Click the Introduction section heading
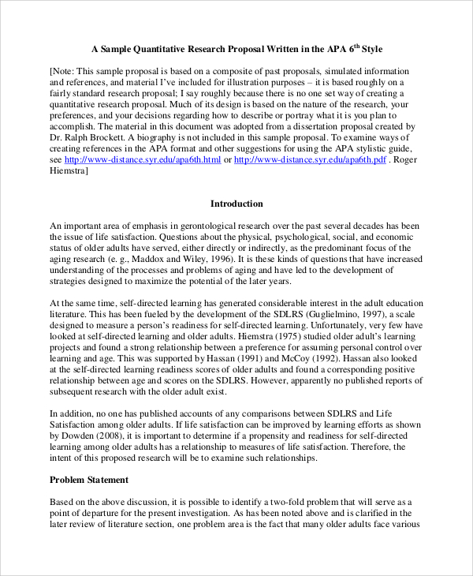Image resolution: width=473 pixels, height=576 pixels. click(x=236, y=204)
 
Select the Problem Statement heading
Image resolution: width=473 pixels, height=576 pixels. click(x=89, y=479)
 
